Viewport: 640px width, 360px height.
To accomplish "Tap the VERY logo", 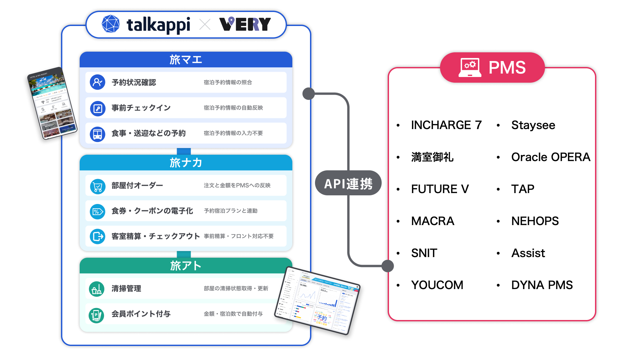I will (x=245, y=24).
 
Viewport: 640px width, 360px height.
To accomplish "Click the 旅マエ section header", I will (x=186, y=60).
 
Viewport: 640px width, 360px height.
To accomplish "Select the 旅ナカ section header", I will (x=186, y=163).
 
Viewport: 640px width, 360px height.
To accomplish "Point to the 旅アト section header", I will (x=186, y=266).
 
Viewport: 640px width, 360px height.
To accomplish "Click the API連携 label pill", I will (x=348, y=183).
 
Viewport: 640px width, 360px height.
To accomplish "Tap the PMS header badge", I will (x=492, y=68).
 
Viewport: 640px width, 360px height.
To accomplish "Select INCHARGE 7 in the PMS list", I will (x=446, y=125).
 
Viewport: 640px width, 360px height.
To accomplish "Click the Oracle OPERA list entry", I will (x=550, y=157).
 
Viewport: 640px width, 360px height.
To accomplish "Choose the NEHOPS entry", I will (x=535, y=221).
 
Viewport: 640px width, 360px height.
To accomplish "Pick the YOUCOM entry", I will (x=437, y=285).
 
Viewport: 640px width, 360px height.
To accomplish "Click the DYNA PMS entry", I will (x=542, y=285).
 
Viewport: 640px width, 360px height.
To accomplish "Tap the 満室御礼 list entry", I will (x=432, y=157).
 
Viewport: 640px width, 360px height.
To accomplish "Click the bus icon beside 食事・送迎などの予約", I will (x=98, y=133).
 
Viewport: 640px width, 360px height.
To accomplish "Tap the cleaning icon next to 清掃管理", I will (x=97, y=289).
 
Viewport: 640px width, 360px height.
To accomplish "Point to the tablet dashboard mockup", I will (x=317, y=300).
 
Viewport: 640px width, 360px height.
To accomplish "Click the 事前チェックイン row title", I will (x=141, y=108).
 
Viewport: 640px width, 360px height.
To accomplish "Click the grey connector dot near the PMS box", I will (x=387, y=266).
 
